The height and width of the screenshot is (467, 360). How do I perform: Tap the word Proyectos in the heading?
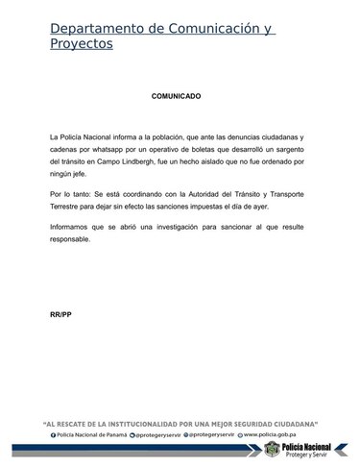(82, 44)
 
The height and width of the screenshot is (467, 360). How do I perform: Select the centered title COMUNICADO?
(177, 97)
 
